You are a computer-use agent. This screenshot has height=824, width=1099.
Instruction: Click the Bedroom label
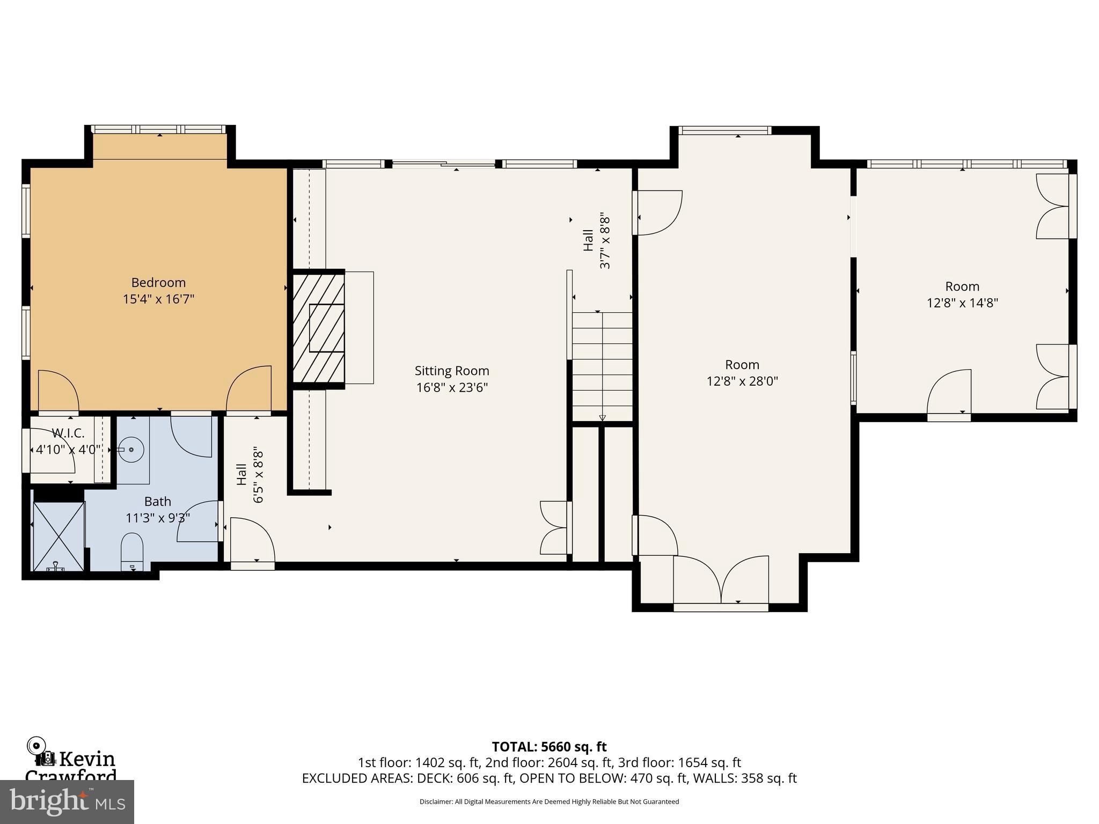click(x=158, y=283)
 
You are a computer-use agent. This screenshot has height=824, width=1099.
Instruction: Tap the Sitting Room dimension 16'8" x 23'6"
click(x=452, y=387)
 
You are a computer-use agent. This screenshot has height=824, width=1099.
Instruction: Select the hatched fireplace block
click(x=319, y=328)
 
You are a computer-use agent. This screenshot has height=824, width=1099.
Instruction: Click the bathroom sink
click(x=131, y=449)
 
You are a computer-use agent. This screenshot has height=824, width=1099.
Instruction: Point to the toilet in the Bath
click(x=132, y=551)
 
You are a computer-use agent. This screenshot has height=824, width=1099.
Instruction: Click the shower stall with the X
click(x=58, y=535)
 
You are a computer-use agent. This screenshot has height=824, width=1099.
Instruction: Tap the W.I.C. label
click(x=68, y=433)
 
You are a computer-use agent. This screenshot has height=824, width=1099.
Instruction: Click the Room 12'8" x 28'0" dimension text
click(x=742, y=381)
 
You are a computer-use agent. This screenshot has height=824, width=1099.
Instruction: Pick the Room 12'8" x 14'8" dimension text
click(x=962, y=303)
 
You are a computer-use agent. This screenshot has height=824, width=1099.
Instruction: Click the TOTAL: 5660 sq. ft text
click(x=549, y=747)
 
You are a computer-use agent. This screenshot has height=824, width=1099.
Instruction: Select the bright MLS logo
click(x=67, y=801)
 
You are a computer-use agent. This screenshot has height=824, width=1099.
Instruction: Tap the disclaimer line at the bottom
click(x=549, y=802)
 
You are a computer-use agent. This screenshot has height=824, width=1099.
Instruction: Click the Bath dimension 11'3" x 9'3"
click(x=158, y=518)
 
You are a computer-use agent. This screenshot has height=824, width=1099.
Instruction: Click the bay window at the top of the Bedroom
click(x=159, y=130)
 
